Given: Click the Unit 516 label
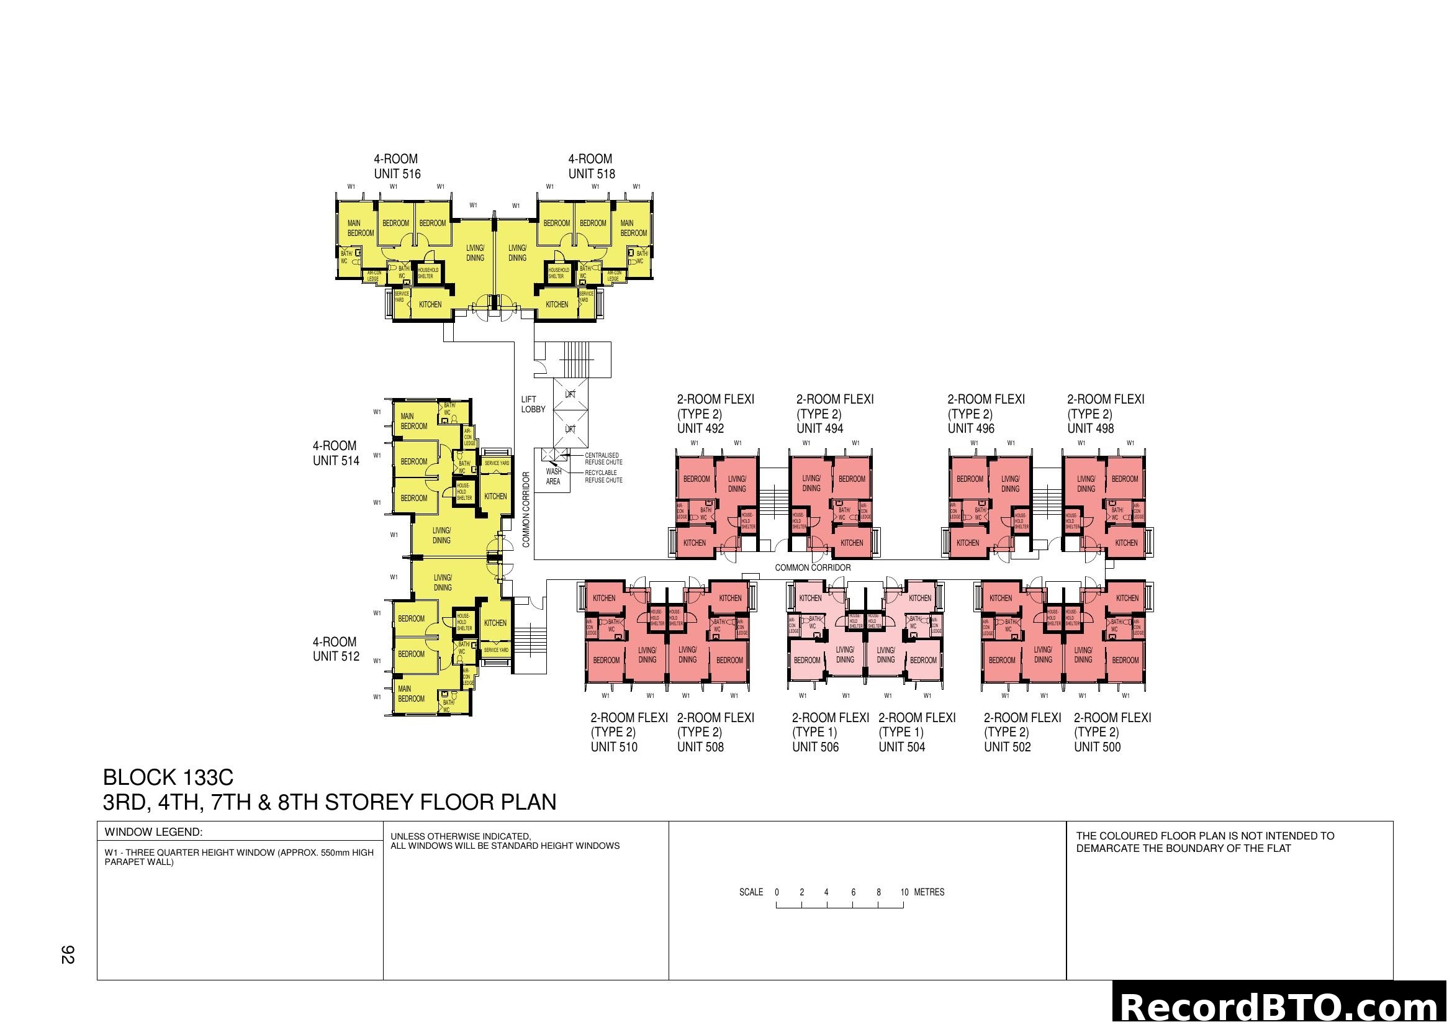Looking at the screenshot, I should [397, 174].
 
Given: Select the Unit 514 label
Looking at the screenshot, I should [335, 461].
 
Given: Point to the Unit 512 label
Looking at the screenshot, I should [335, 656].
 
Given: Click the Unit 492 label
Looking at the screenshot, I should [700, 429].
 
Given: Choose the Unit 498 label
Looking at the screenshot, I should [1090, 429].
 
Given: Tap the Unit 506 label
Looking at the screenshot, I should [815, 747].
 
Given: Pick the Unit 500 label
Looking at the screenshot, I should [1096, 747].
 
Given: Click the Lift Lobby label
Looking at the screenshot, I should [533, 404].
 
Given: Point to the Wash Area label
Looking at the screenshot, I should [553, 476].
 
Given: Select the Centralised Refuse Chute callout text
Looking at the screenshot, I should [603, 458].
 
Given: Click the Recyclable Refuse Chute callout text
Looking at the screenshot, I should [603, 476].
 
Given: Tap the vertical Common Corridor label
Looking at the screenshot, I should [526, 510].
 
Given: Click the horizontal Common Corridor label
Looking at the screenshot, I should [813, 568].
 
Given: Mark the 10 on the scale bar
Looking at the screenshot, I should [904, 892].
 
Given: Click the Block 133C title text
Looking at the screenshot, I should [168, 777].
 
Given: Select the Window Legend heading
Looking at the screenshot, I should [153, 832].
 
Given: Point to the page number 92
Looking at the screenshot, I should [68, 954].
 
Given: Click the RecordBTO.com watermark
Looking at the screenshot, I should [1281, 1007].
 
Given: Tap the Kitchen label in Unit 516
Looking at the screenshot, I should [430, 304].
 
